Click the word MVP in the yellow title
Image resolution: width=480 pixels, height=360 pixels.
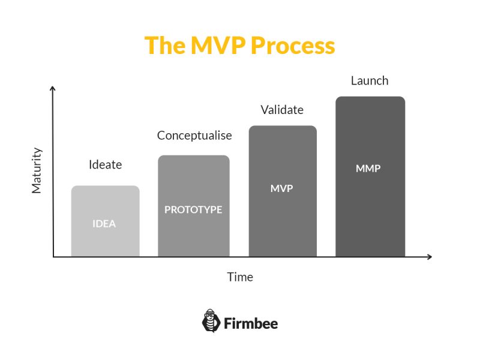pyautogui.click(x=218, y=46)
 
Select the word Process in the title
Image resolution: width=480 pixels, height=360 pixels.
pyautogui.click(x=293, y=46)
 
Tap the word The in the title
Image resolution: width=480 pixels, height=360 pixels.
pyautogui.click(x=165, y=46)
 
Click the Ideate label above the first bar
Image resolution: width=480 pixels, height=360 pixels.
pyautogui.click(x=106, y=164)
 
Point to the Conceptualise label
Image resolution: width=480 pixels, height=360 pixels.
pyautogui.click(x=194, y=136)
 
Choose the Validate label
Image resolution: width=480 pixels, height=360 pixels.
pyautogui.click(x=282, y=110)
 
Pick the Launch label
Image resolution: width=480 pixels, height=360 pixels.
pyautogui.click(x=370, y=81)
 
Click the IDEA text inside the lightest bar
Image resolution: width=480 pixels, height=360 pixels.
pyautogui.click(x=104, y=224)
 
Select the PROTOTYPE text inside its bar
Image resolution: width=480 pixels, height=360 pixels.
pyautogui.click(x=193, y=209)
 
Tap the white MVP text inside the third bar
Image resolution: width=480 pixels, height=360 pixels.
pyautogui.click(x=281, y=188)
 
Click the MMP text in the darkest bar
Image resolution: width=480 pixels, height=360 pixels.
pyautogui.click(x=368, y=169)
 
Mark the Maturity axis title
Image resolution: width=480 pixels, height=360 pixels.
pyautogui.click(x=37, y=170)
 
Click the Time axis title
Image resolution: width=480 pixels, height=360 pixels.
pyautogui.click(x=240, y=277)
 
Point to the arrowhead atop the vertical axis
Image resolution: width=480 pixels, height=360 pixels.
pyautogui.click(x=53, y=89)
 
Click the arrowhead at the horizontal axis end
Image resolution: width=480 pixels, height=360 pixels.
pyautogui.click(x=429, y=257)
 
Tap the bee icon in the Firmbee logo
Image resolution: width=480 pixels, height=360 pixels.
pyautogui.click(x=211, y=321)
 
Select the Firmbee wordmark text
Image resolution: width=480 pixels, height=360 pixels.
pyautogui.click(x=251, y=323)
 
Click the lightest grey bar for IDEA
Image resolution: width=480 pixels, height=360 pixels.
pyautogui.click(x=106, y=221)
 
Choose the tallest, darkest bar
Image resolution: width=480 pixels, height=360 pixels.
pyautogui.click(x=370, y=176)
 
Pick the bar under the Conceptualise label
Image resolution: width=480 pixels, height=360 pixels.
pyautogui.click(x=194, y=206)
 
